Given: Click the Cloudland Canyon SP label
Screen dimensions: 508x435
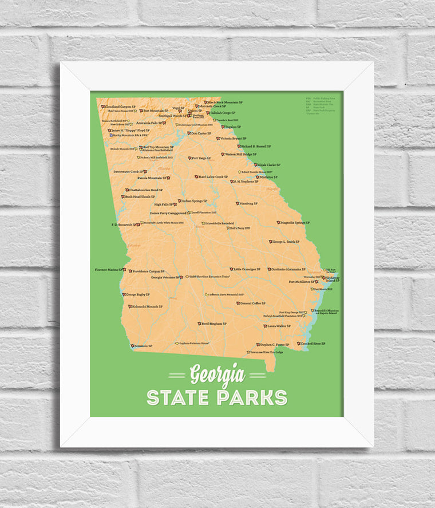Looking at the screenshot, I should coord(120,107).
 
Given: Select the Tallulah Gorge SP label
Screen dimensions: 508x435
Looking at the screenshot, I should coord(224,113).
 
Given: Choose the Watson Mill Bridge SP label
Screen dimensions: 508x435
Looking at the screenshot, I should coord(240,154).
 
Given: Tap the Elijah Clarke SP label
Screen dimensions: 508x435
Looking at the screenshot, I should coord(269,165).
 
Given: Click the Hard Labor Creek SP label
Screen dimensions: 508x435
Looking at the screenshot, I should coord(213,177).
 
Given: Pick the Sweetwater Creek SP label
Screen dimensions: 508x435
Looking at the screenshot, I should coord(128,171).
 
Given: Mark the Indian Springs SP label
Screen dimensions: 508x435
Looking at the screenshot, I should coord(195,201).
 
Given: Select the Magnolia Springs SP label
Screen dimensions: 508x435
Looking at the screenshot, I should coord(294,222).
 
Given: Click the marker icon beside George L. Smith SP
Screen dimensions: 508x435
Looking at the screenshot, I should coord(271,242).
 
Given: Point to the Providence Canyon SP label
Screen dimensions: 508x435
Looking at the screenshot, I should coord(148,271).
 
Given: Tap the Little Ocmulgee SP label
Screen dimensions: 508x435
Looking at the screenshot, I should coord(247,269).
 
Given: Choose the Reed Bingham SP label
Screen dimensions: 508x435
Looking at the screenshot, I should coord(214,324).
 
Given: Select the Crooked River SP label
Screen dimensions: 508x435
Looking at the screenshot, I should coord(313,344).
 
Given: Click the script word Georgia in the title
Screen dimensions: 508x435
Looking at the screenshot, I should coord(217,375).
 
